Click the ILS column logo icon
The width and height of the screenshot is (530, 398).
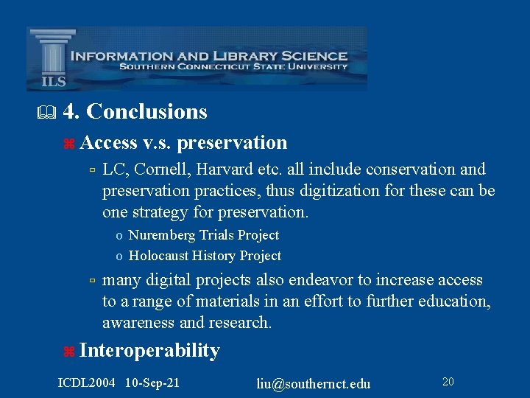(52, 59)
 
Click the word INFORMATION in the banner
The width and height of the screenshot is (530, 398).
(119, 55)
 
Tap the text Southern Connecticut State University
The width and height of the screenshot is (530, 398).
(233, 67)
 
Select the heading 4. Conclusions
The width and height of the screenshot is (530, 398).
(135, 111)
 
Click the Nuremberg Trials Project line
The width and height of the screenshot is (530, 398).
(203, 235)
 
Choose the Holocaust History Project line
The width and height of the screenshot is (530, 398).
(205, 256)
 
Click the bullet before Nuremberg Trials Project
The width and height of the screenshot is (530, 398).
(119, 236)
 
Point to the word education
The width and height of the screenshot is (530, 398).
(454, 301)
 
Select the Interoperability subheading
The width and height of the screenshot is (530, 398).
(149, 350)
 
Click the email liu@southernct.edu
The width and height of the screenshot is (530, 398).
(313, 383)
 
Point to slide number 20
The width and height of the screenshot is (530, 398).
(448, 381)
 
